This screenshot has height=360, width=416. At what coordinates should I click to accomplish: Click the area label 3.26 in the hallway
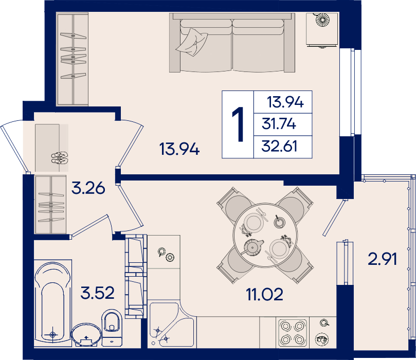click(88, 188)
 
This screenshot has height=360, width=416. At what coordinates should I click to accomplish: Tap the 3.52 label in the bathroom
click(98, 293)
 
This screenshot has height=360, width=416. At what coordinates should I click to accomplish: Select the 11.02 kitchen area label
click(264, 295)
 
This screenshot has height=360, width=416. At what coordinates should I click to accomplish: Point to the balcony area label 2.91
click(382, 259)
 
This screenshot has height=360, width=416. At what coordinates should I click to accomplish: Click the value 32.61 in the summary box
click(279, 146)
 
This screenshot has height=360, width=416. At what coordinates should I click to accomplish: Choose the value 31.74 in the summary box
click(279, 124)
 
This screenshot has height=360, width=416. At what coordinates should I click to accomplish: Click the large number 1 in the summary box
click(239, 124)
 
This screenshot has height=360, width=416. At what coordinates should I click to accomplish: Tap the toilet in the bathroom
click(112, 328)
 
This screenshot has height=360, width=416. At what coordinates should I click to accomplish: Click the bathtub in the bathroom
click(53, 302)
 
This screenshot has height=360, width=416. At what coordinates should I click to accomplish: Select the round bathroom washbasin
click(86, 334)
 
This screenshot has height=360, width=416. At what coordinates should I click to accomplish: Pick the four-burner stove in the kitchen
click(293, 332)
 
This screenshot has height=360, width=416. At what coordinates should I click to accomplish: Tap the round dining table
click(265, 236)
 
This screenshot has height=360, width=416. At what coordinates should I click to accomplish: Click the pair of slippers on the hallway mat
click(60, 158)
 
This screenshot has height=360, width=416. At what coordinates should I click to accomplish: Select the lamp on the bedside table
click(322, 20)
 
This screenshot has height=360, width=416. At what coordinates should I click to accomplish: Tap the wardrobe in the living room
click(73, 59)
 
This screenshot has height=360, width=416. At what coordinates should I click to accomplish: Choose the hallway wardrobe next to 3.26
click(51, 205)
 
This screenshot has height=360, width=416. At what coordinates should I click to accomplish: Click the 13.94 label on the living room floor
click(179, 149)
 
